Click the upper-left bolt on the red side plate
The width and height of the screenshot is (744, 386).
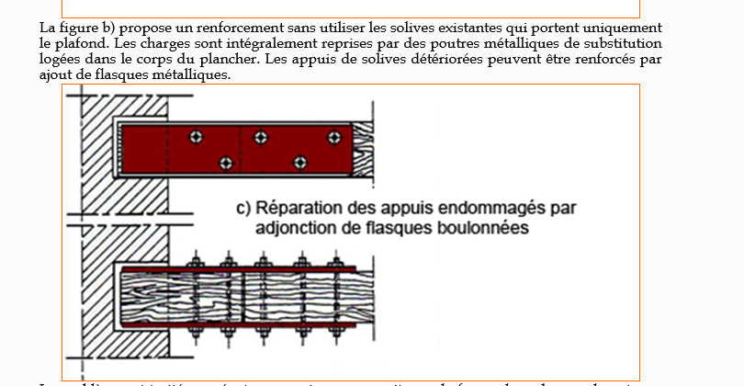click(195, 137)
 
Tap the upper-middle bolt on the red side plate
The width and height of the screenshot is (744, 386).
click(262, 137)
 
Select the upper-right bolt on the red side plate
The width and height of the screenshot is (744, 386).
click(334, 137)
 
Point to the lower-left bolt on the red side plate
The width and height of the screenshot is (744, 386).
click(226, 163)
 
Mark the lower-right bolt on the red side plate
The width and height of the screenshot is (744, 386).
click(299, 163)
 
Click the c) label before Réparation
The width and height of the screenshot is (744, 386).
click(244, 208)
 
